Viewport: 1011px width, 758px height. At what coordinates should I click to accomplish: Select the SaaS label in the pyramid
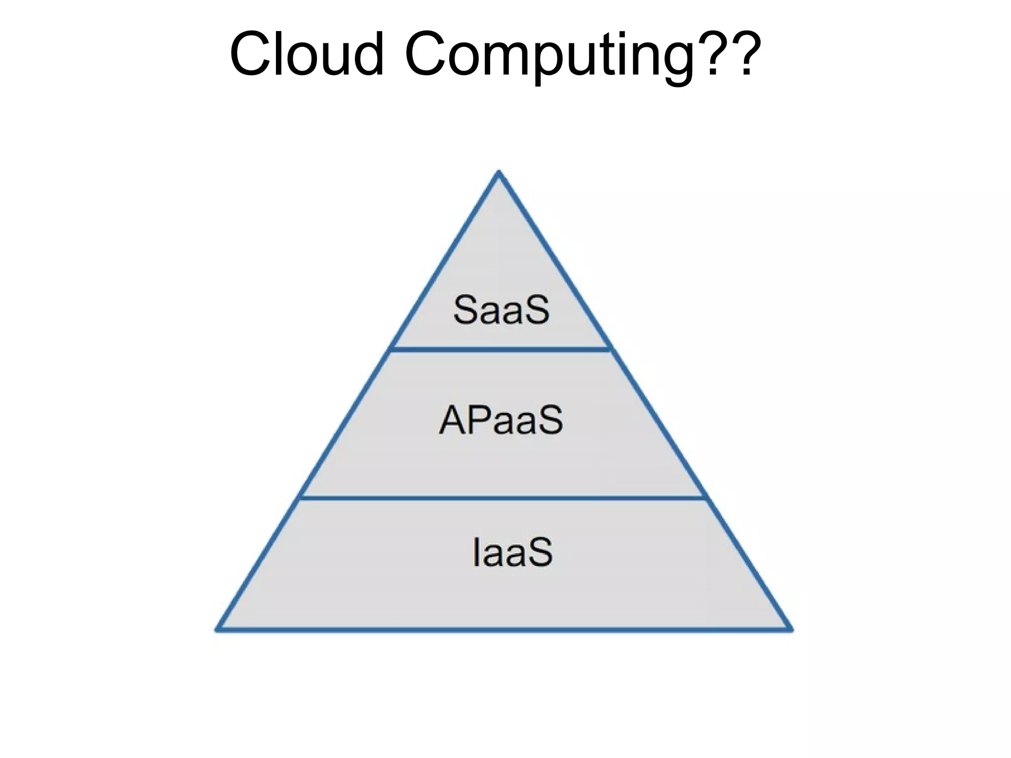[x=501, y=310]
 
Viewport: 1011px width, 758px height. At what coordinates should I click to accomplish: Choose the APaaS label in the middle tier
[x=501, y=420]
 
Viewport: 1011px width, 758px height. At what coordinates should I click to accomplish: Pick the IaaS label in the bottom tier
[x=512, y=553]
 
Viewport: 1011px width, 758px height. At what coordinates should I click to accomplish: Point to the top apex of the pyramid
[x=499, y=173]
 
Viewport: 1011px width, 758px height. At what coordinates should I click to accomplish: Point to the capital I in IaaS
[x=476, y=553]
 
